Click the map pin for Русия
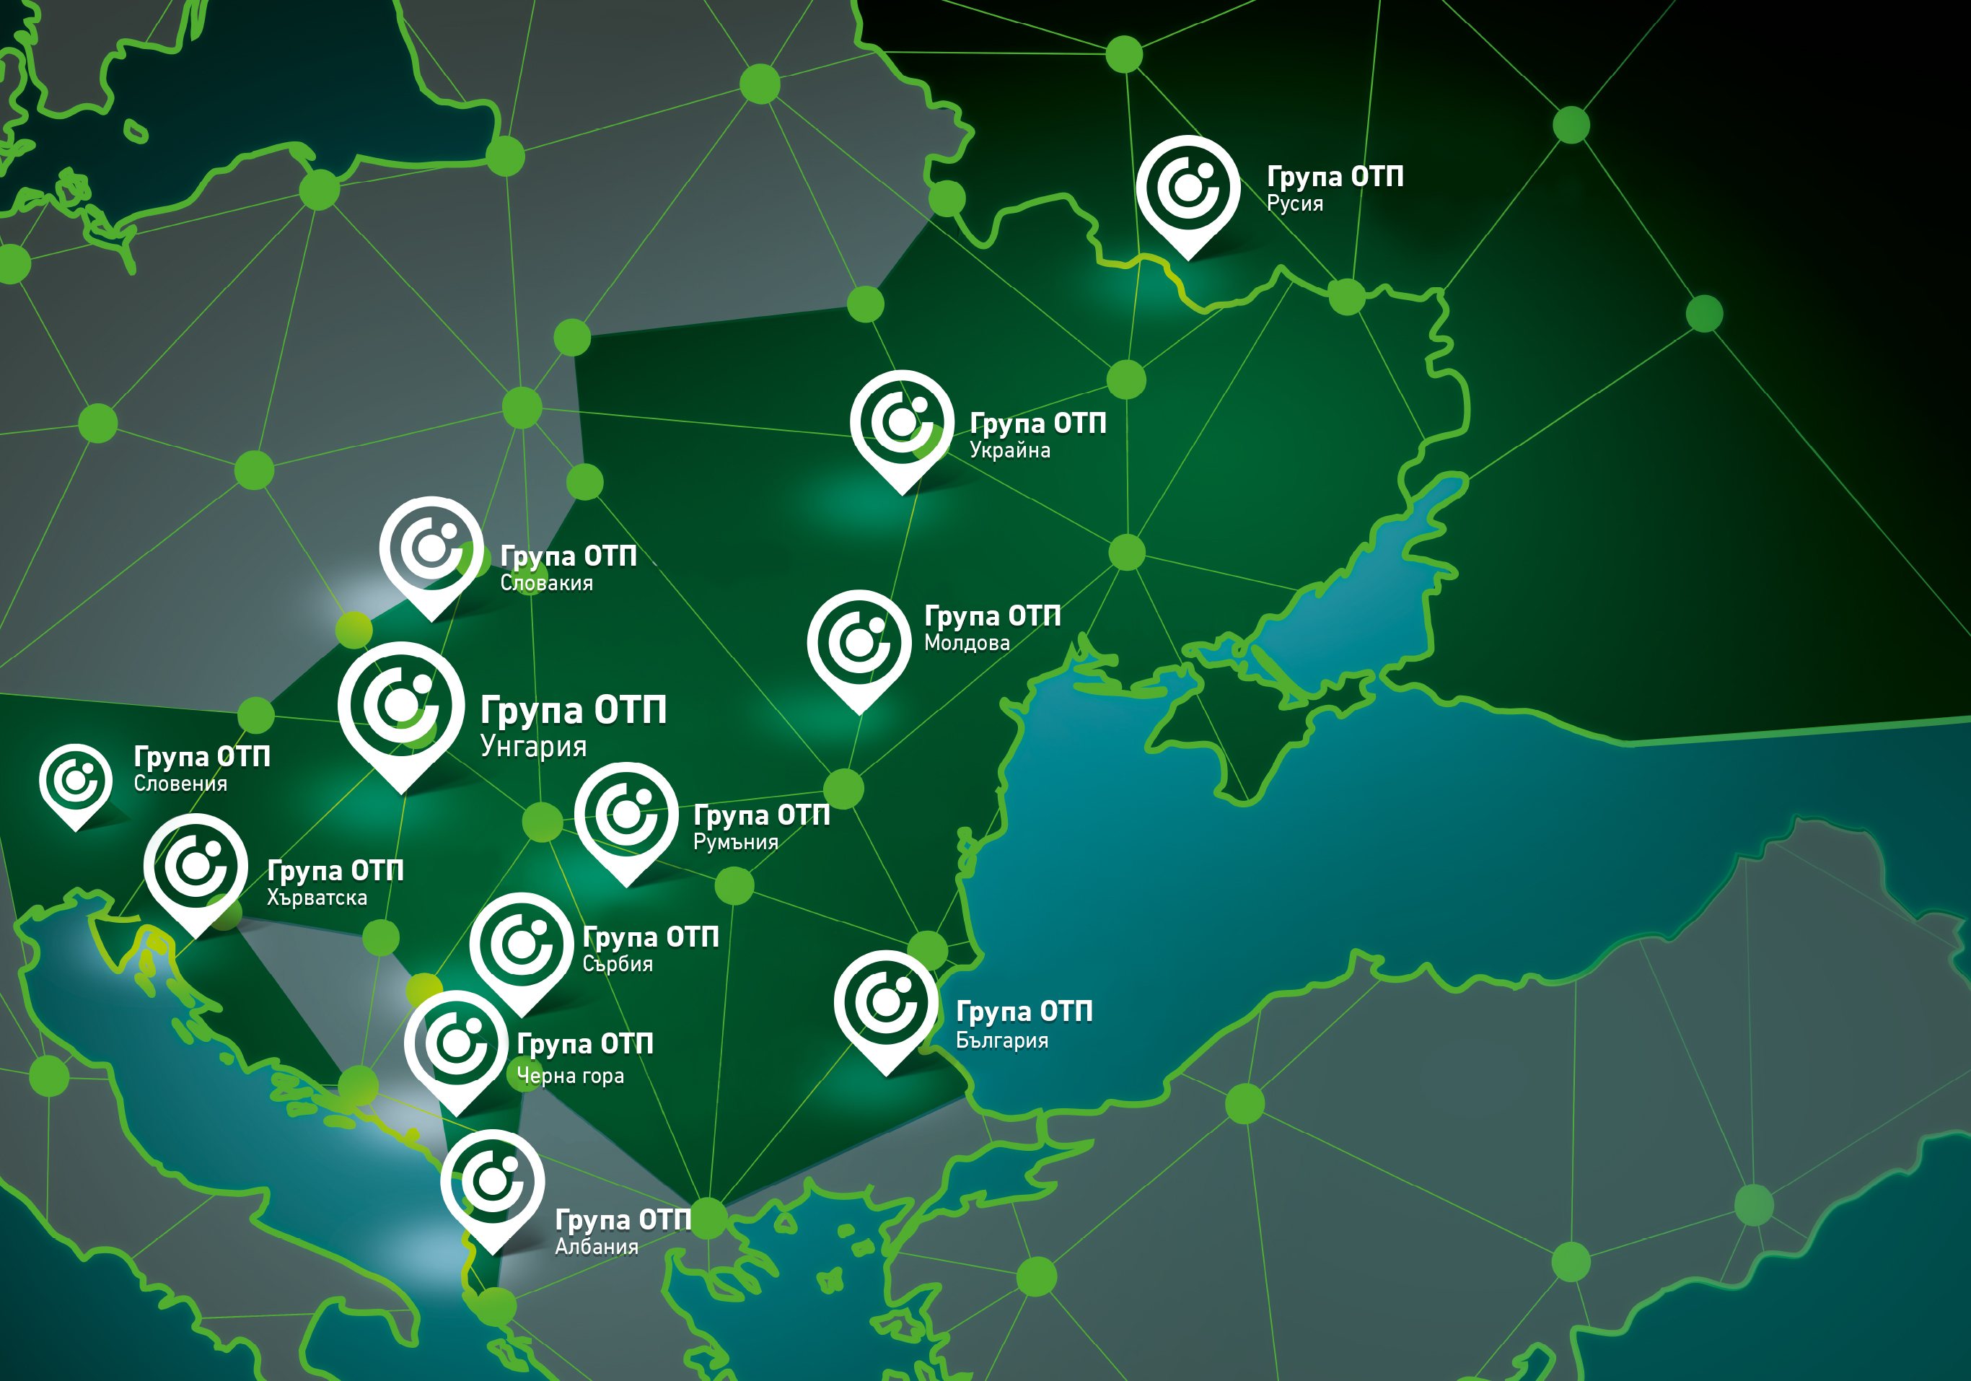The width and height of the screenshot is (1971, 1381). pyautogui.click(x=1188, y=189)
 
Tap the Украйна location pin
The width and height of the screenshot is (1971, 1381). pyautogui.click(x=901, y=423)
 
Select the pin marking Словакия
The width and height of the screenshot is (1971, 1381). pyautogui.click(x=431, y=549)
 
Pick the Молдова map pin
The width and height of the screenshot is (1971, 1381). pyautogui.click(x=859, y=643)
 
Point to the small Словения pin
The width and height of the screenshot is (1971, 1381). pyautogui.click(x=76, y=780)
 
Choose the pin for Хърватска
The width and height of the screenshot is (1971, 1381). pyautogui.click(x=196, y=867)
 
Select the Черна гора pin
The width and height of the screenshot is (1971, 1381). pyautogui.click(x=456, y=1045)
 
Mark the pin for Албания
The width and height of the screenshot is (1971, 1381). pyautogui.click(x=492, y=1183)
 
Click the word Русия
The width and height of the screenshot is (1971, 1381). pyautogui.click(x=1294, y=204)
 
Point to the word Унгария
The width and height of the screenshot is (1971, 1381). pyautogui.click(x=533, y=747)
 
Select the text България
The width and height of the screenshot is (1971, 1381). pyautogui.click(x=1002, y=1040)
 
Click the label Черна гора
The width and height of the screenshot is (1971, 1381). pyautogui.click(x=570, y=1076)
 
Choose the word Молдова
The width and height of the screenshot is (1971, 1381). pyautogui.click(x=967, y=643)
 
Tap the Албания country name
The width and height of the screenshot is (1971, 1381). pyautogui.click(x=597, y=1247)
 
